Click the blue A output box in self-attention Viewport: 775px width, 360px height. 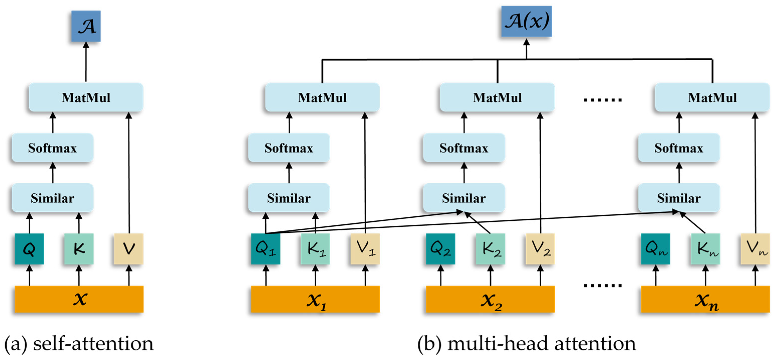tap(86, 26)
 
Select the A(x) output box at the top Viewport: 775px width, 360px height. tap(526, 21)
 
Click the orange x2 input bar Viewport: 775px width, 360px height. tap(490, 299)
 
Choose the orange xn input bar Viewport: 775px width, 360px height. tap(705, 299)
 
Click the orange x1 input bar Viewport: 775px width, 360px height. tap(315, 299)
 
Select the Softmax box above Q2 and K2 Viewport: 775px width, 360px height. tap(464, 148)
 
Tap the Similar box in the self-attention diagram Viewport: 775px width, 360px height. tap(53, 198)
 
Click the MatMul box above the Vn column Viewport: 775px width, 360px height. tap(712, 97)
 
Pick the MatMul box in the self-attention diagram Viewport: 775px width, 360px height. tap(86, 97)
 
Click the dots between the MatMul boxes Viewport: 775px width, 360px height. tap(603, 99)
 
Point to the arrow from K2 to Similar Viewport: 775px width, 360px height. tap(478, 223)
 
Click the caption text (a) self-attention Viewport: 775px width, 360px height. tap(79, 343)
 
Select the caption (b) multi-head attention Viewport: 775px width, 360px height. tap(527, 343)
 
